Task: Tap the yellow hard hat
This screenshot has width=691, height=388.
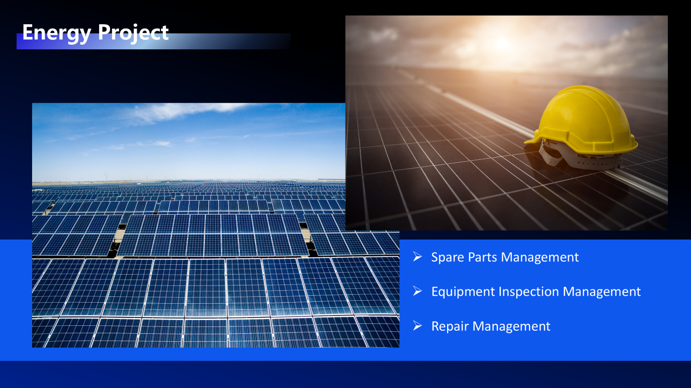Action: click(581, 127)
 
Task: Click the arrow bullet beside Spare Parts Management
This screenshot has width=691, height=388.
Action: click(418, 256)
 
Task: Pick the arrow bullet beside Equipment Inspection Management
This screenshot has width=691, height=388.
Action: click(418, 291)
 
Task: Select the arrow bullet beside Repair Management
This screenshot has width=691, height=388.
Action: click(418, 325)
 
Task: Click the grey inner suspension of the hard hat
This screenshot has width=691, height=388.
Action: click(580, 157)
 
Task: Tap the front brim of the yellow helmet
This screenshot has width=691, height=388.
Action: click(534, 138)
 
